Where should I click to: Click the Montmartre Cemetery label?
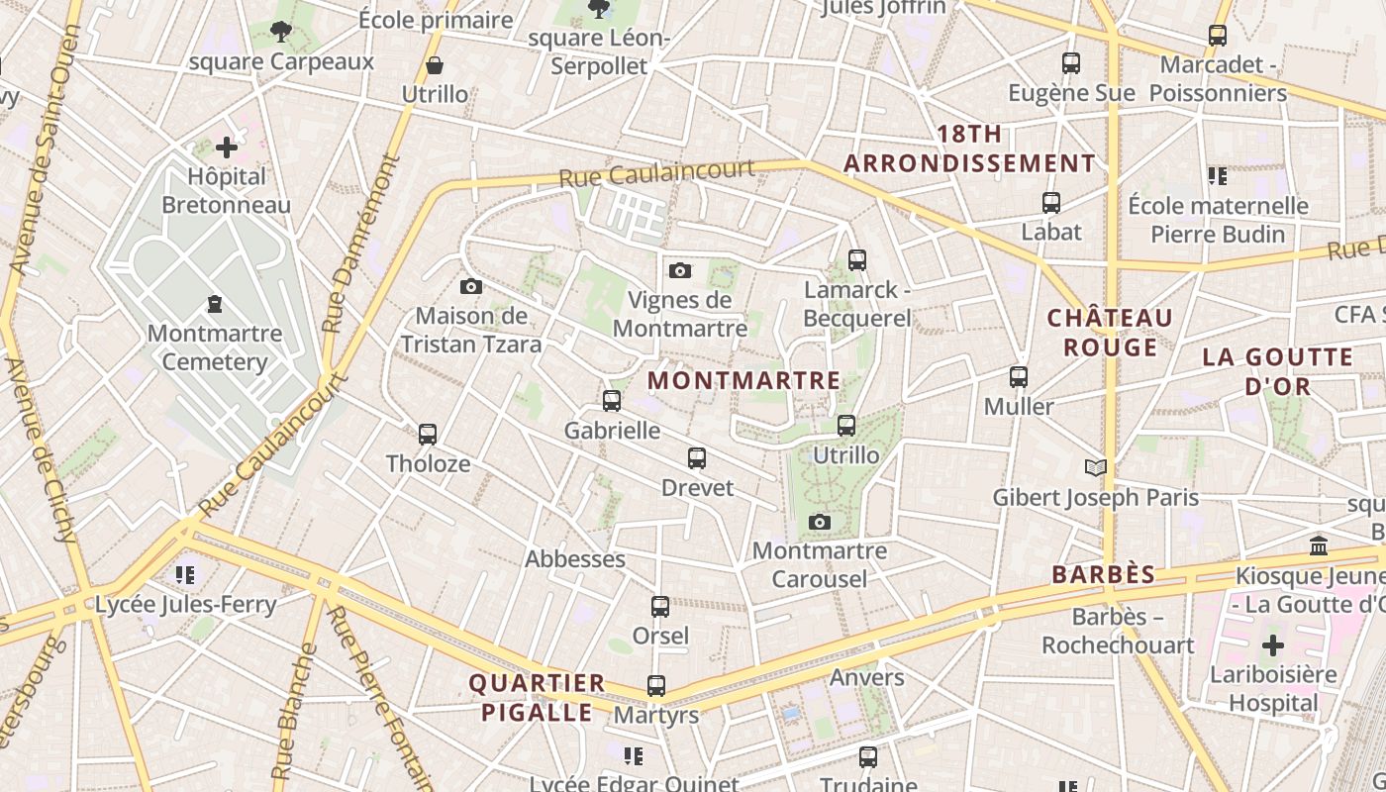[215, 347]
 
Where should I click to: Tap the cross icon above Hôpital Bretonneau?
[227, 148]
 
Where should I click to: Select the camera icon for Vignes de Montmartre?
[680, 270]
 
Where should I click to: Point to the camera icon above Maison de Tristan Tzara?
[471, 287]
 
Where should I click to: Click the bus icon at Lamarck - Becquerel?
[857, 260]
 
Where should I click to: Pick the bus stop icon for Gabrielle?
[612, 401]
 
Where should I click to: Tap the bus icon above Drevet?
[697, 458]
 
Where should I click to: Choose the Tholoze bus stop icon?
[428, 435]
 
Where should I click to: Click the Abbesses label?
[575, 558]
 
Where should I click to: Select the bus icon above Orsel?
[660, 607]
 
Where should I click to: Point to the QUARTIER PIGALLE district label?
[537, 697]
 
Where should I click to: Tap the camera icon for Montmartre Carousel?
[820, 522]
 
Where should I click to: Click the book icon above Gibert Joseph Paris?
[1096, 468]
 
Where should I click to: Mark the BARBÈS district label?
[1104, 574]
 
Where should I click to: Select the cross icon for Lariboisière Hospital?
[1273, 646]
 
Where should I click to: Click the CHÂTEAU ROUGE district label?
[1110, 333]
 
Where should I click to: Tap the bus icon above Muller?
[1019, 377]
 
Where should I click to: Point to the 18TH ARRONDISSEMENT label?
[969, 148]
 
